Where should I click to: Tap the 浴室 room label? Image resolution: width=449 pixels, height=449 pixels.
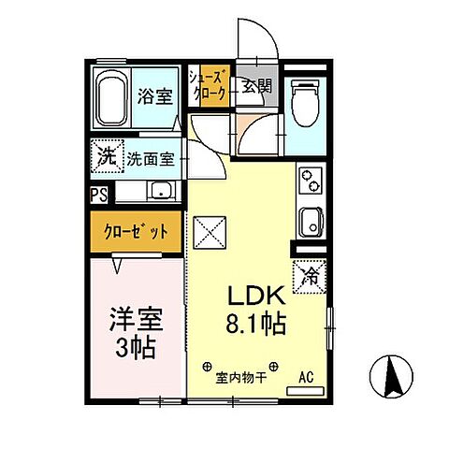[153, 94]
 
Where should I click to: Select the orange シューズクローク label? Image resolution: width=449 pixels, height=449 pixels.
[206, 84]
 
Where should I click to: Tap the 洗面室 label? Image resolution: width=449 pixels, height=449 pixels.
[152, 159]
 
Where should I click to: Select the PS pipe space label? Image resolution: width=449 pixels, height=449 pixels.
[98, 195]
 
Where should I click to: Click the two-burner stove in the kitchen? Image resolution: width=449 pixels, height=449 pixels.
[311, 178]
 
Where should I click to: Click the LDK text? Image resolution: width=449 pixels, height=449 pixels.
[255, 297]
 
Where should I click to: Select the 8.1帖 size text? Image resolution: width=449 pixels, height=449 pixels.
[253, 326]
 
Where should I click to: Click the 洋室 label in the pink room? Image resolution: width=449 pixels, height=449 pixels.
[137, 318]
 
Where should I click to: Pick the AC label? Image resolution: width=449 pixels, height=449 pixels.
[305, 378]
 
